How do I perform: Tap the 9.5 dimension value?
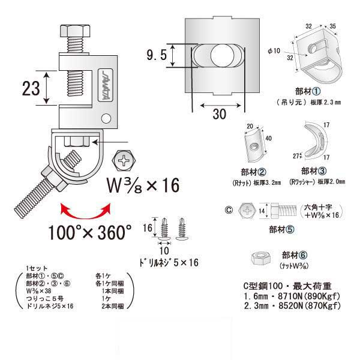pyautogui.click(x=155, y=56)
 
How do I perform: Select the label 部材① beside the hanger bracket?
pyautogui.click(x=307, y=91)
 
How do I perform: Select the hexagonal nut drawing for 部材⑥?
pyautogui.click(x=259, y=258)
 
